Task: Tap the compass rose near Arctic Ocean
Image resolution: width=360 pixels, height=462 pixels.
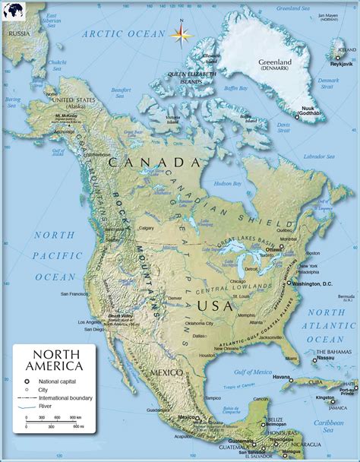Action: coord(181,33)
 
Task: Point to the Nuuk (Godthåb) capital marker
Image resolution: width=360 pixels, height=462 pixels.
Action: coord(296,115)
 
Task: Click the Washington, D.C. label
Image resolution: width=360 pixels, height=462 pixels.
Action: coord(312,283)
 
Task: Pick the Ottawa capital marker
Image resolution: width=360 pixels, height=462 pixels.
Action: coord(281,247)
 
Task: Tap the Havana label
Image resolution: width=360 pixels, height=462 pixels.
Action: coord(282,376)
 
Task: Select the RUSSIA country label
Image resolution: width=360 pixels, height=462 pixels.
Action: coord(19,33)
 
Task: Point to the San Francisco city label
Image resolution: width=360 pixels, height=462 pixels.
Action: coord(79,295)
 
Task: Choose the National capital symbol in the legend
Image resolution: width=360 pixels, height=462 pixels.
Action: coord(27,381)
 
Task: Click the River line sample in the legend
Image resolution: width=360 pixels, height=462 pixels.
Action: coord(27,407)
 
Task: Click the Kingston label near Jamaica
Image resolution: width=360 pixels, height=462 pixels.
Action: coord(325,398)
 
